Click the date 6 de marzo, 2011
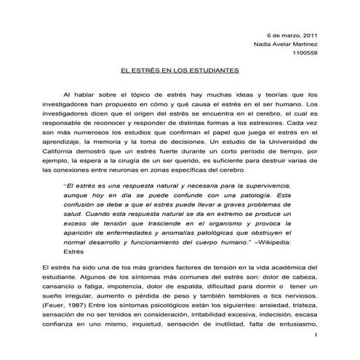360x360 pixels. [x=292, y=34]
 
